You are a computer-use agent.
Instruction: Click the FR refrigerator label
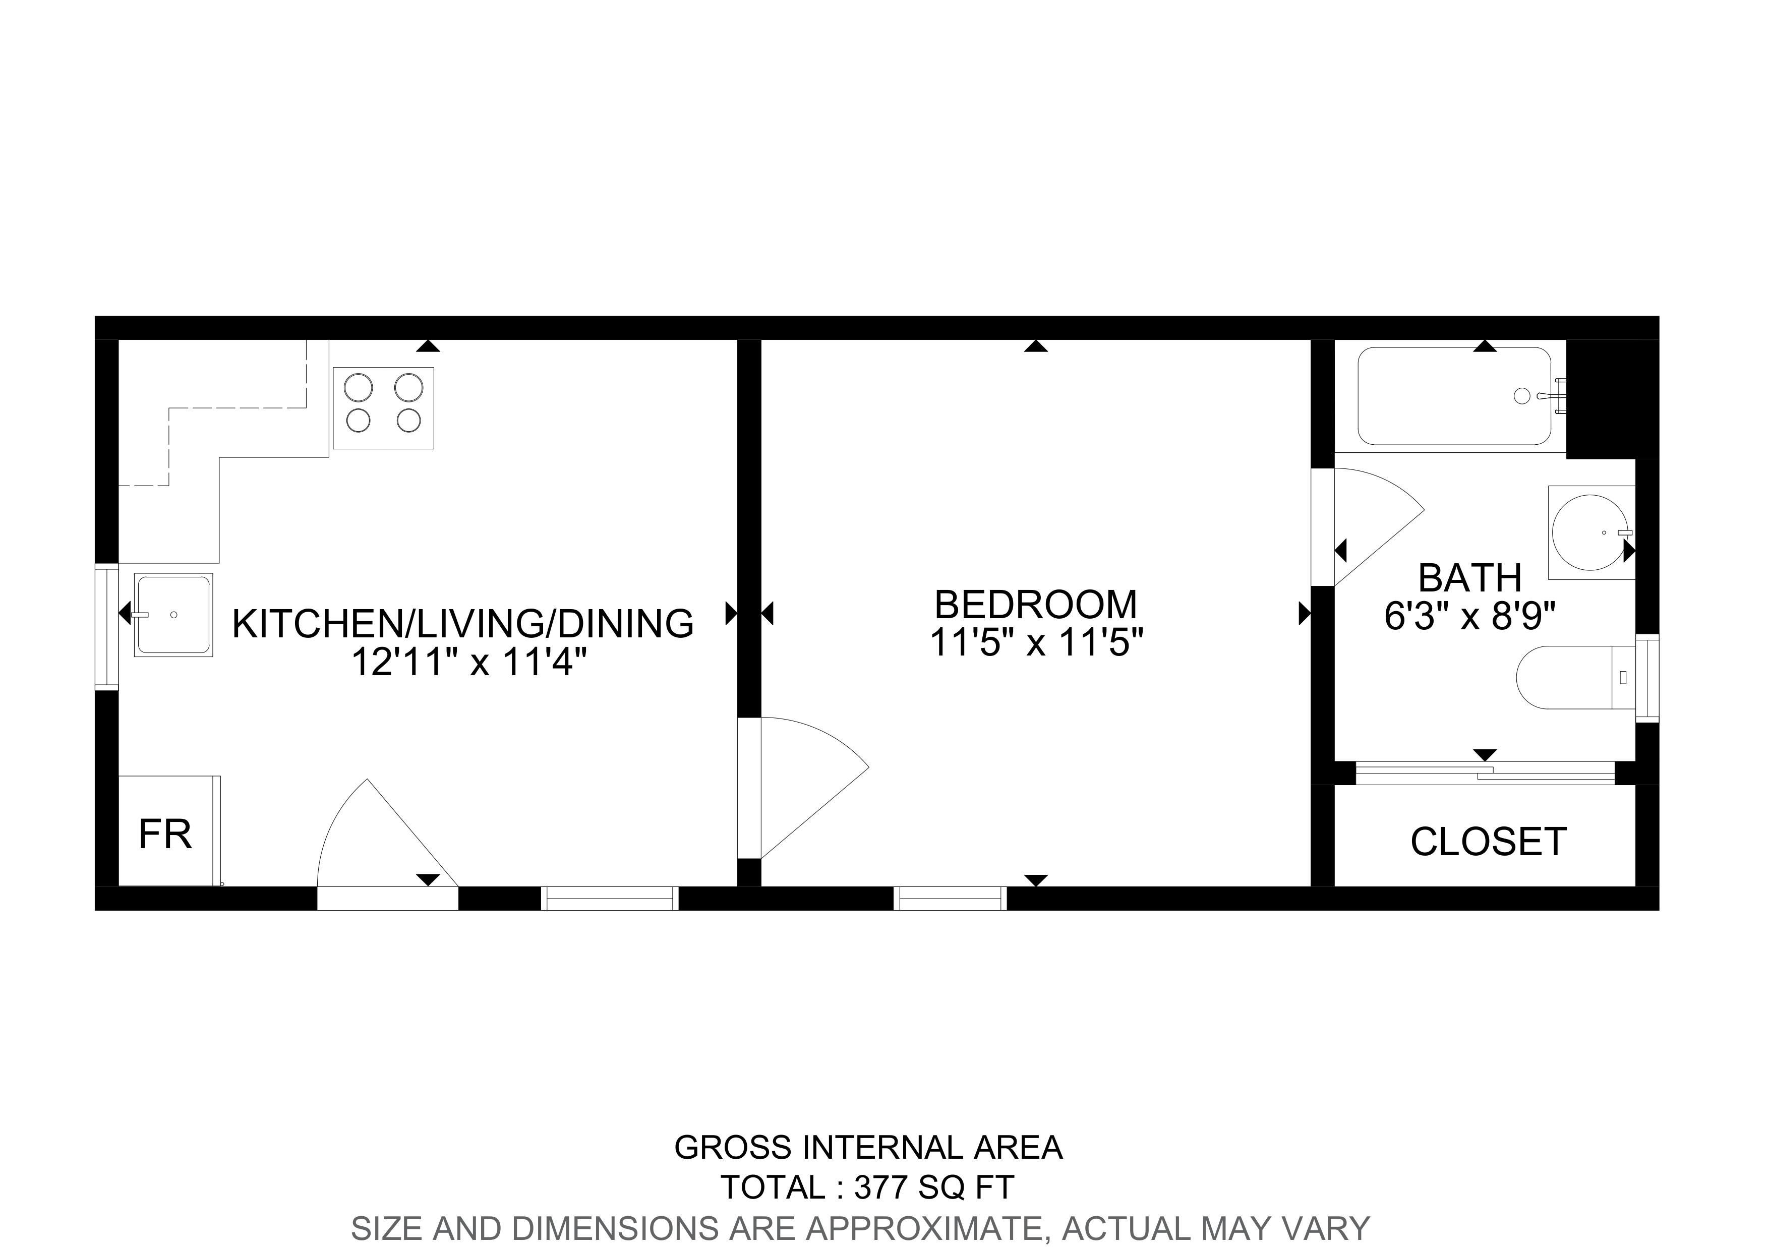[165, 834]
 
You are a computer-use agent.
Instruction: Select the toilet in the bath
[1576, 678]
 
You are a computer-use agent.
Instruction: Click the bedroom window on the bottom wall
[950, 899]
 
